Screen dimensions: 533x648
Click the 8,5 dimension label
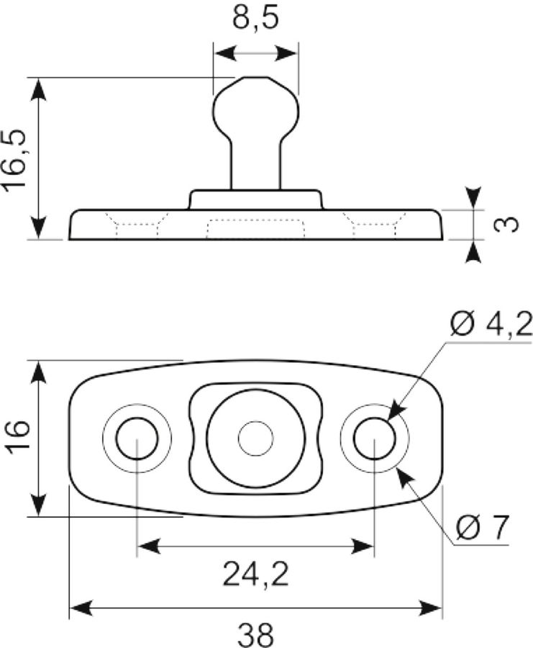coord(255,19)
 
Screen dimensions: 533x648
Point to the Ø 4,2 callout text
coord(491,325)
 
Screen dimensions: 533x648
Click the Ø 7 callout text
coord(482,528)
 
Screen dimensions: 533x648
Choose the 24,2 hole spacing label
coord(255,575)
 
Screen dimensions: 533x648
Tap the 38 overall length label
coord(255,635)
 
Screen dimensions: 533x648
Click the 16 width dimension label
coord(18,437)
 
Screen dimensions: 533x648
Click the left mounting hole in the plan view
coord(137,438)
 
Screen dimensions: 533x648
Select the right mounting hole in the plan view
coord(375,438)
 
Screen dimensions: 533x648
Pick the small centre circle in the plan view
coord(256,438)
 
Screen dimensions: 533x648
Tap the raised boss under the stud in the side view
coord(255,200)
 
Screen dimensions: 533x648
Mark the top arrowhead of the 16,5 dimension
coord(38,89)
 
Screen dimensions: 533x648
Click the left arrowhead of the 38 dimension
coord(81,608)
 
